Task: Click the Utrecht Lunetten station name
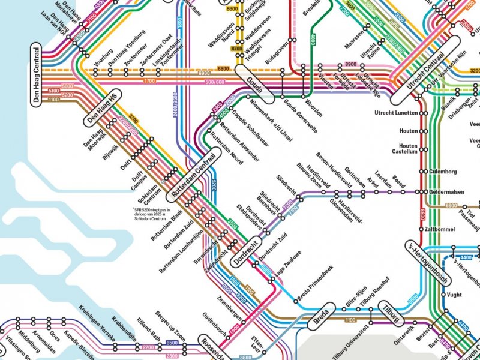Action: point(395,113)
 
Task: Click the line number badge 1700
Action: point(149,81)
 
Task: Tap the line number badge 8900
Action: point(350,64)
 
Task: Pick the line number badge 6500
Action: point(172,343)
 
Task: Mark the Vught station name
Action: point(455,295)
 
